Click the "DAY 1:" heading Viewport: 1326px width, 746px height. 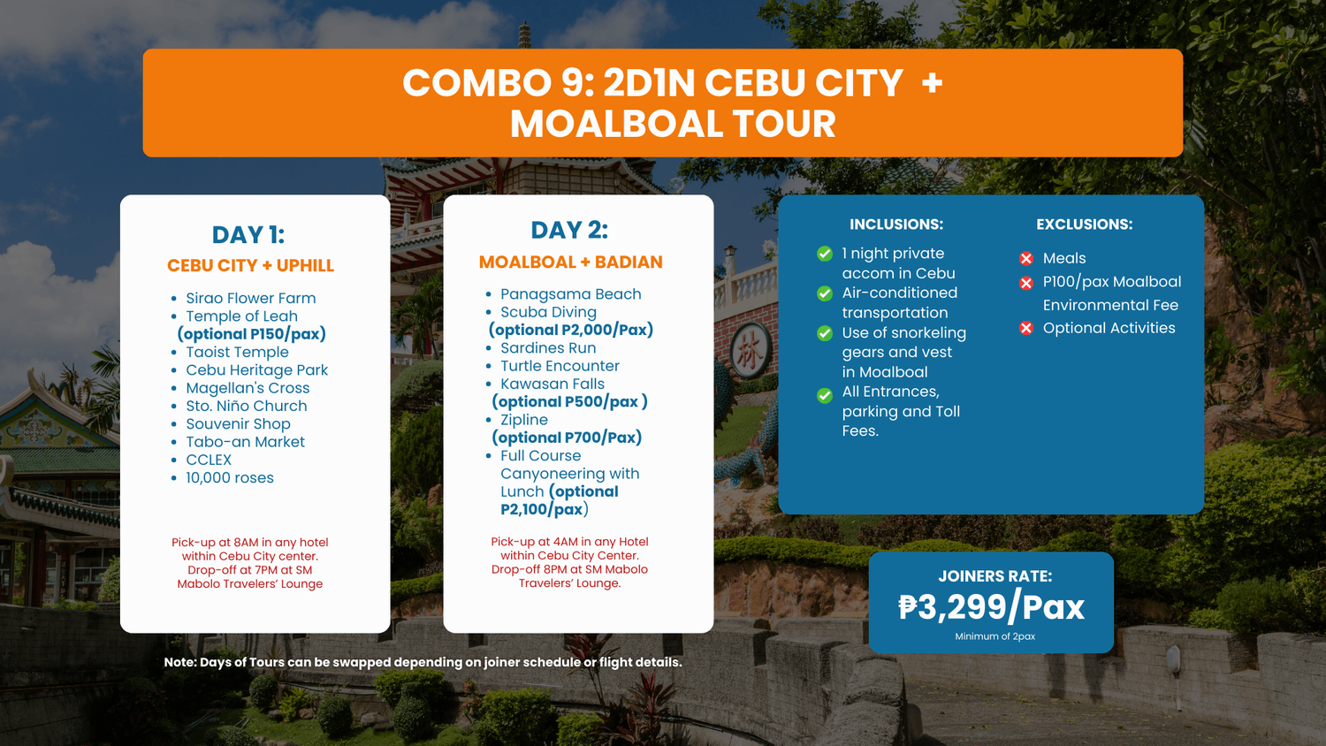(248, 235)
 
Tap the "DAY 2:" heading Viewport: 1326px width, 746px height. (569, 231)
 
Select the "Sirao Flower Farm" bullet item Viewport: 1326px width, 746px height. (251, 298)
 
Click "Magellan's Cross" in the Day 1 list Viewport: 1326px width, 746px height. (248, 388)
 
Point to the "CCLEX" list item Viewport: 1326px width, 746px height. (209, 460)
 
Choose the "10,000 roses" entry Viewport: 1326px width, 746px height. (230, 478)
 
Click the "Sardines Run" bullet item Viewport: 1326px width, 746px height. (548, 347)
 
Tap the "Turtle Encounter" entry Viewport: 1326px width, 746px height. (560, 366)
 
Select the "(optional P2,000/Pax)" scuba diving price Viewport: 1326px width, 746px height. (571, 330)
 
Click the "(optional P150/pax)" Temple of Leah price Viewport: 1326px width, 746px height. (252, 334)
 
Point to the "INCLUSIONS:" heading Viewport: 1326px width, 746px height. (896, 225)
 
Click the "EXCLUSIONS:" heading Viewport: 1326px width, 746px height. (1084, 225)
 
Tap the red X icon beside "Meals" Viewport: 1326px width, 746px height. (1026, 259)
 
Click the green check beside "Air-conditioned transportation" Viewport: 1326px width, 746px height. (825, 293)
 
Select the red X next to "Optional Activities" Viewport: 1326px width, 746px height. (1026, 328)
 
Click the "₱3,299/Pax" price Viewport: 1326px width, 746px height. (992, 607)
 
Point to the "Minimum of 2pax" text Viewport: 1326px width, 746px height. (994, 636)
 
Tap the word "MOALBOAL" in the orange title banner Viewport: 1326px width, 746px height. (614, 125)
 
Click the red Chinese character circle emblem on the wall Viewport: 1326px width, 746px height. (750, 352)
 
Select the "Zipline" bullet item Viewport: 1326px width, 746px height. (524, 420)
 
